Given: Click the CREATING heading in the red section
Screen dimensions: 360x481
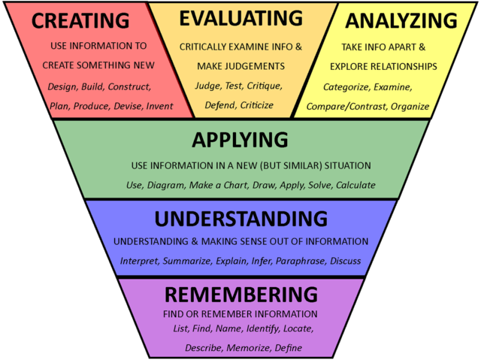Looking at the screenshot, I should click(x=80, y=20).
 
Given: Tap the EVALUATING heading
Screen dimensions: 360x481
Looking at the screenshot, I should click(x=240, y=18).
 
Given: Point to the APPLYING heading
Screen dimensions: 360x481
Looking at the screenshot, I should click(x=240, y=140).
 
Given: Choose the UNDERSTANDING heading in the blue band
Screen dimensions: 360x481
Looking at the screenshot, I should click(x=241, y=219).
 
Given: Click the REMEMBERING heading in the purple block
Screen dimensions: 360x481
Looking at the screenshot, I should click(x=240, y=293).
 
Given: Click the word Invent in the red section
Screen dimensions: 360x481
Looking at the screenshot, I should click(x=159, y=106).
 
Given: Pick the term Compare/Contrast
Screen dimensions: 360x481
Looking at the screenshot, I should click(x=346, y=107).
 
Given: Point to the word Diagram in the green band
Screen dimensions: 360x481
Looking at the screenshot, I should click(x=168, y=185).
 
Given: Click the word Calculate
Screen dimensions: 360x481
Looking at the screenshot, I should click(x=355, y=185).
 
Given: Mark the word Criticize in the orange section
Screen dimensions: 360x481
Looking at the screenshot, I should click(x=256, y=105).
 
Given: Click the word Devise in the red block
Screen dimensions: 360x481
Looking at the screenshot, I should click(x=127, y=106).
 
